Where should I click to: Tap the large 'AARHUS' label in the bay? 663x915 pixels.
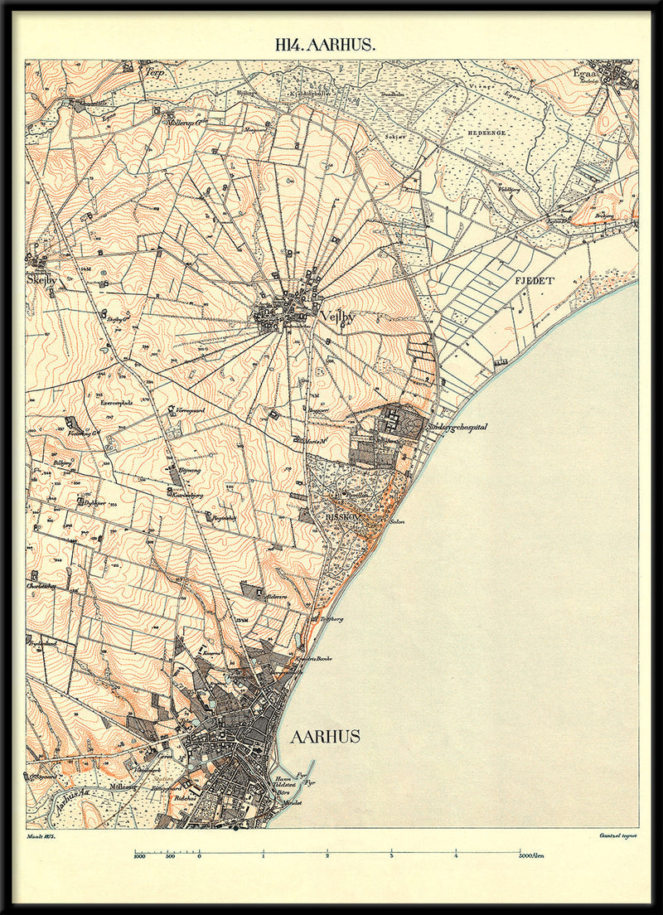(325, 737)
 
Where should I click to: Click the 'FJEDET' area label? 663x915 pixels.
(534, 281)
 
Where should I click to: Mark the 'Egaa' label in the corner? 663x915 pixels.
(590, 74)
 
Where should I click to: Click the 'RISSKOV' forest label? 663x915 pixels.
(343, 513)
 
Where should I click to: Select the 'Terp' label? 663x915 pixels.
(155, 72)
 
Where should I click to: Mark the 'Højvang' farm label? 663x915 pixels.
(190, 469)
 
